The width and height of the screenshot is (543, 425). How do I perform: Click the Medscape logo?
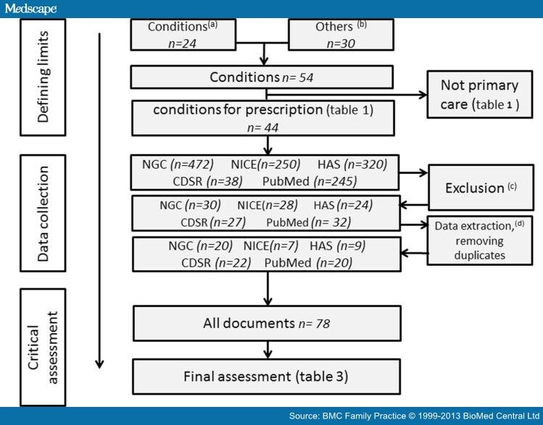[x=30, y=8]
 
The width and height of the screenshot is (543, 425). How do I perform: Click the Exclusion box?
[x=476, y=188]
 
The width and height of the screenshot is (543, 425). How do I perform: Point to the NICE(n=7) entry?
[x=270, y=246]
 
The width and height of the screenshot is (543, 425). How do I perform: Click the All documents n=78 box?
[x=266, y=324]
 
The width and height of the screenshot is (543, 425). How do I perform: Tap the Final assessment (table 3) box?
[x=266, y=376]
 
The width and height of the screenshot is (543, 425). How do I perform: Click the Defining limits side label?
[x=43, y=77]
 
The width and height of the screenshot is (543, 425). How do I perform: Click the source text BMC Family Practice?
[x=367, y=416]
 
